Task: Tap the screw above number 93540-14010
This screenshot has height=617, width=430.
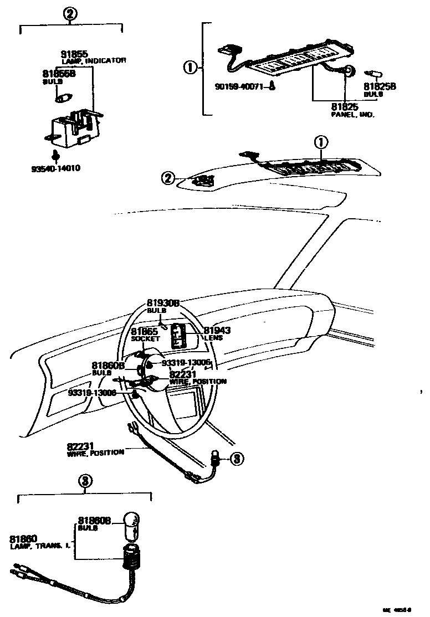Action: click(x=56, y=156)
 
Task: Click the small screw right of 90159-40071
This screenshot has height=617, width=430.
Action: click(x=273, y=86)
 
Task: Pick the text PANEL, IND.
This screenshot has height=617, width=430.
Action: click(x=352, y=115)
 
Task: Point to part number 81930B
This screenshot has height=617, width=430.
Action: click(x=163, y=303)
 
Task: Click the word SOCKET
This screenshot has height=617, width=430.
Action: click(x=146, y=338)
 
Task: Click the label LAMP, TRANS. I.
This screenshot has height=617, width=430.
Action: click(x=39, y=546)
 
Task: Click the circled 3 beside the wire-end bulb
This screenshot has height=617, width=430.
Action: click(x=237, y=459)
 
